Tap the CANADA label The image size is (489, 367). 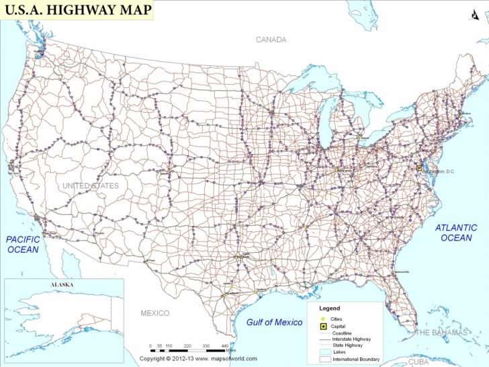(271, 40)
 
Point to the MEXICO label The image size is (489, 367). (155, 313)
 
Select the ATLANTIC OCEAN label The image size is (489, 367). (456, 233)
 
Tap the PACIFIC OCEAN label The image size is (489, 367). (24, 244)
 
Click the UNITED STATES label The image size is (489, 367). (91, 186)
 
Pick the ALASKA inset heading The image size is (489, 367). (63, 285)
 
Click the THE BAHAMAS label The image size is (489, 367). (441, 333)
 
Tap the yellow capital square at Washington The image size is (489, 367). (419, 168)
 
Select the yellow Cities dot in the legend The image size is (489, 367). (324, 318)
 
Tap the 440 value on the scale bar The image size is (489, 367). (225, 345)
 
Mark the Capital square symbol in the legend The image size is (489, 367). (324, 326)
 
